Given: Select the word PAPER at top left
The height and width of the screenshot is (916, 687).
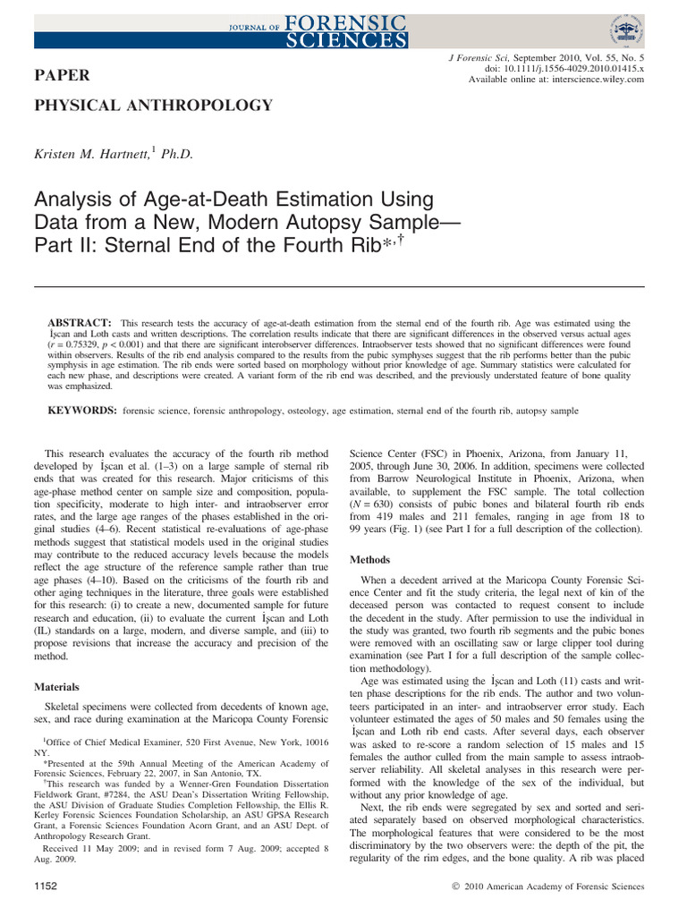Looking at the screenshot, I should [56, 75].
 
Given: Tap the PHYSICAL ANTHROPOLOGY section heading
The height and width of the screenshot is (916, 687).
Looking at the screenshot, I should [153, 106].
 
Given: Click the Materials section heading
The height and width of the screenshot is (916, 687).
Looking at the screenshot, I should [56, 687].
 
